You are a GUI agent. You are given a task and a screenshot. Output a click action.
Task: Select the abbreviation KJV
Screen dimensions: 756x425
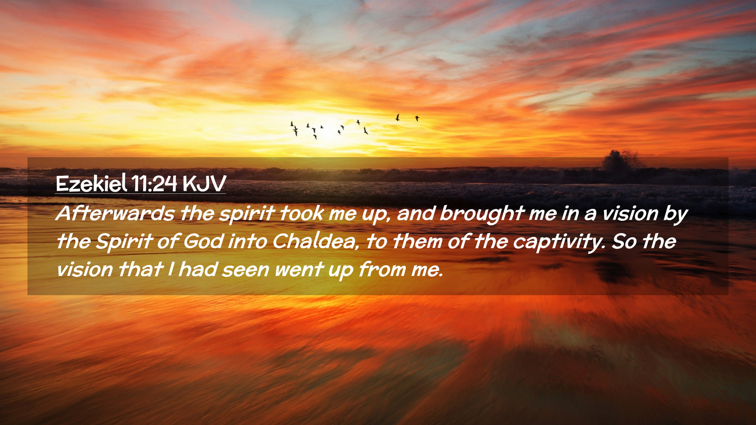[x=204, y=184]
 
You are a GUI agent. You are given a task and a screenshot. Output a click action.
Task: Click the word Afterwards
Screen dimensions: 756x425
[x=115, y=213]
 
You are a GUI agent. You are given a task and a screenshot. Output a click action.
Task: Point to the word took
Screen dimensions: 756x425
[x=302, y=213]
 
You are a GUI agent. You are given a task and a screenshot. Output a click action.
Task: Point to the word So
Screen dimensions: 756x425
[x=624, y=242]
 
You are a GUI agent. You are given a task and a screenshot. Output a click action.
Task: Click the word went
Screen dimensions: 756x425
[x=299, y=270]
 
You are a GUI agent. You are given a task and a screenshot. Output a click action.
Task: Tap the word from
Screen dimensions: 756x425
[x=382, y=270]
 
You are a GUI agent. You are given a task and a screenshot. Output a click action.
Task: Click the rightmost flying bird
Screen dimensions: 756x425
[x=417, y=118]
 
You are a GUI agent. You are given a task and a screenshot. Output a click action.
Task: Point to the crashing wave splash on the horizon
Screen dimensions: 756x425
[x=622, y=161]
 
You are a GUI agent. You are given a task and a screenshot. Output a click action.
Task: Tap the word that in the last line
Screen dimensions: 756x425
[x=140, y=270]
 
